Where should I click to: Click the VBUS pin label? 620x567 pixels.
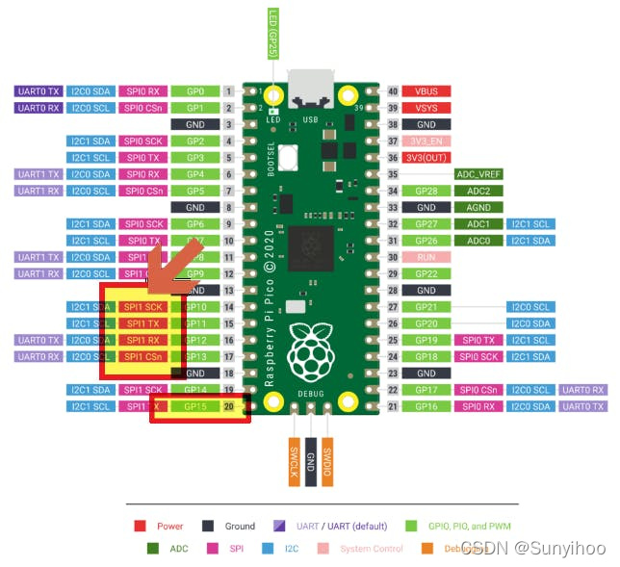tap(426, 91)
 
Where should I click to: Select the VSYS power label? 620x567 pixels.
tap(426, 108)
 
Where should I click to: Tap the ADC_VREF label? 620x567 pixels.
tap(478, 174)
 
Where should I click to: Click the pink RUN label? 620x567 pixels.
tap(426, 257)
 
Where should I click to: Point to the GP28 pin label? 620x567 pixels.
tap(426, 191)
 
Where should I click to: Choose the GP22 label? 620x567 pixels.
tap(426, 273)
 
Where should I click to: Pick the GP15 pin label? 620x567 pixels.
tap(195, 407)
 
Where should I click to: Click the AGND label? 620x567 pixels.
tap(478, 207)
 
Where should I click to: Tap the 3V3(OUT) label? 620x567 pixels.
tap(426, 158)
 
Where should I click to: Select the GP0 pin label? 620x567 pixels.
tap(195, 91)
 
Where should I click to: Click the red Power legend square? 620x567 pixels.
tap(140, 526)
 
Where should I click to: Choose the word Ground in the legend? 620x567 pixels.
tap(240, 526)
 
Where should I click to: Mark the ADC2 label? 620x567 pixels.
tap(478, 191)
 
